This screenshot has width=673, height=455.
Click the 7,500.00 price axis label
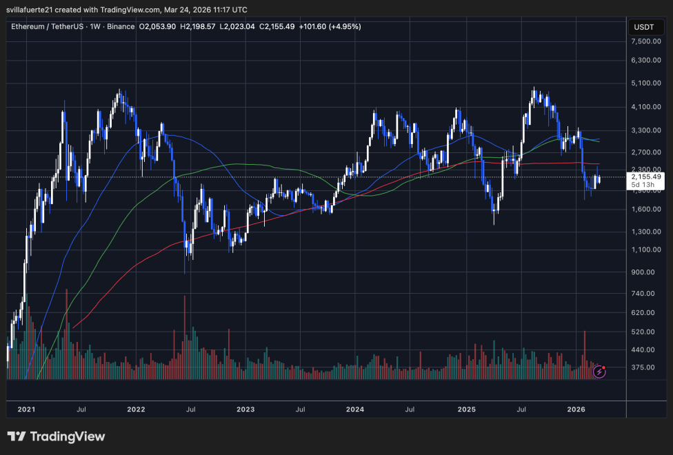[x=647, y=41]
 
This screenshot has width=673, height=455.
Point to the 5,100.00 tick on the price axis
[x=647, y=83]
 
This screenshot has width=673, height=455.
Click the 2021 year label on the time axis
[x=26, y=410]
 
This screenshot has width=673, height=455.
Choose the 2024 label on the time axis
[x=355, y=410]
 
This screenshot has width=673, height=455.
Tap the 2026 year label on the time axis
[x=576, y=410]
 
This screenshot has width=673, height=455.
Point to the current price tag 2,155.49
[x=646, y=176]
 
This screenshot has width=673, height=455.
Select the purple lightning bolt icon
[x=599, y=372]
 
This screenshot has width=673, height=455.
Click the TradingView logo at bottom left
[x=57, y=436]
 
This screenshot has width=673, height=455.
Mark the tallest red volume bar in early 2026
[x=585, y=355]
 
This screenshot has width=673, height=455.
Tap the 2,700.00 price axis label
[x=647, y=152]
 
